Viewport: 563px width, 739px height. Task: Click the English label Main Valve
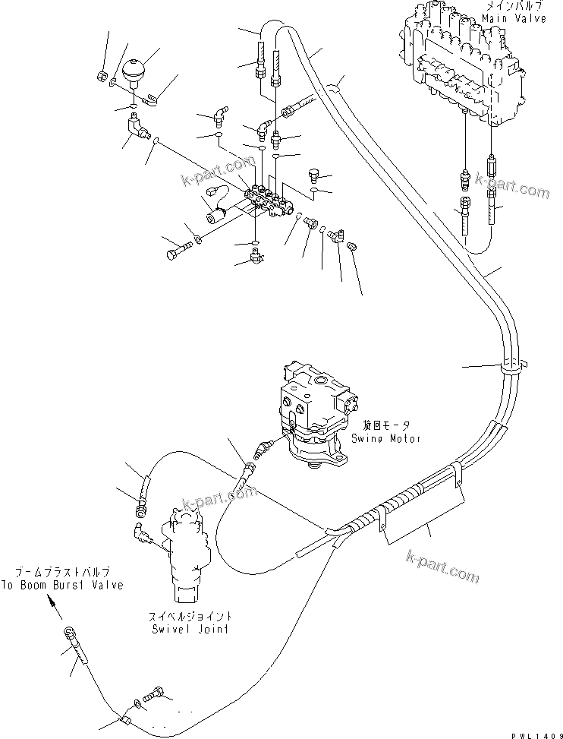click(519, 18)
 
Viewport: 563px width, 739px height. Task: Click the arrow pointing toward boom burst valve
click(52, 605)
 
